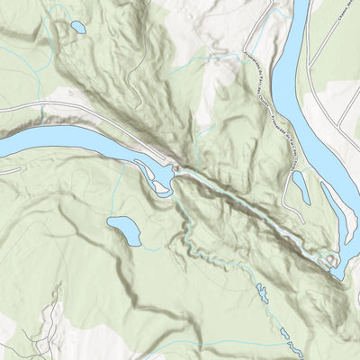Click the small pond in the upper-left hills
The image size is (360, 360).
tap(77, 27)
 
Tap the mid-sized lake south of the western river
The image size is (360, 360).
tap(124, 230)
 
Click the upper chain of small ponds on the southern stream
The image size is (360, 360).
tap(263, 292)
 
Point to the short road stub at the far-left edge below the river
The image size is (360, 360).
tap(7, 167)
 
